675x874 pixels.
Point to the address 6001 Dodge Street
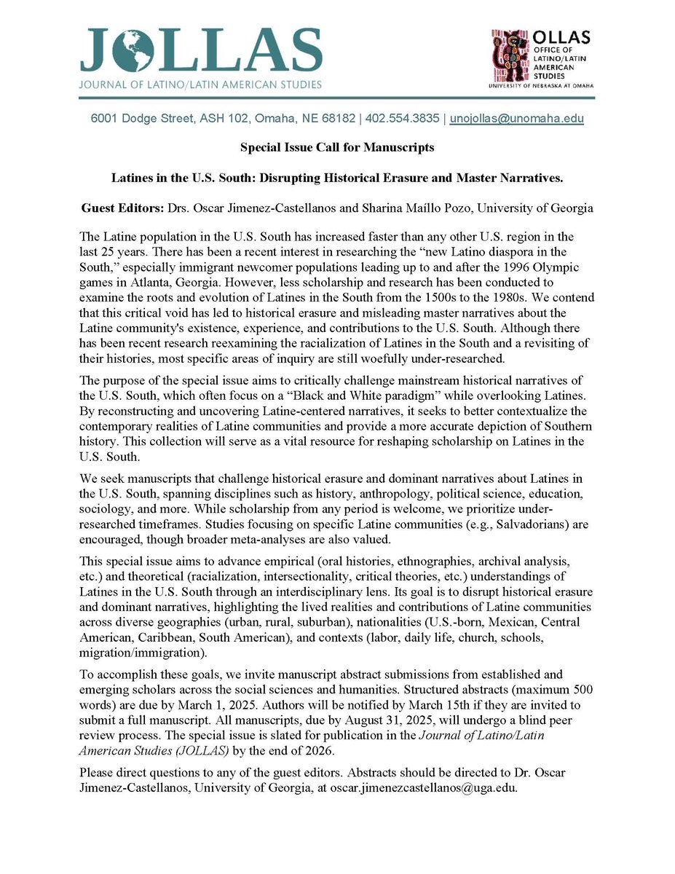click(134, 118)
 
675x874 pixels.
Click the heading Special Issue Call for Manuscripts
click(337, 147)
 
